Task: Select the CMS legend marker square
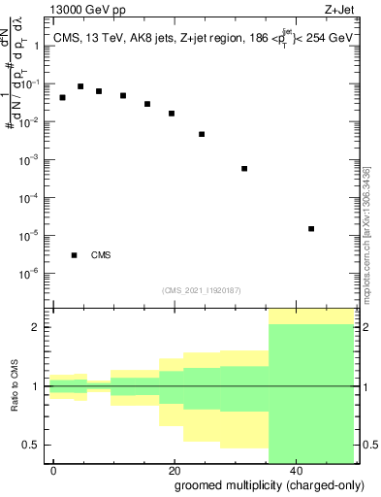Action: click(75, 255)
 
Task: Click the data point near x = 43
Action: click(311, 229)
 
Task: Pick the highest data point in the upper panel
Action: click(80, 86)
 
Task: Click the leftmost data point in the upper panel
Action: click(63, 98)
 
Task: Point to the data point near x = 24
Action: click(202, 134)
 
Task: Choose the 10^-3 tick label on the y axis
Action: click(32, 158)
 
